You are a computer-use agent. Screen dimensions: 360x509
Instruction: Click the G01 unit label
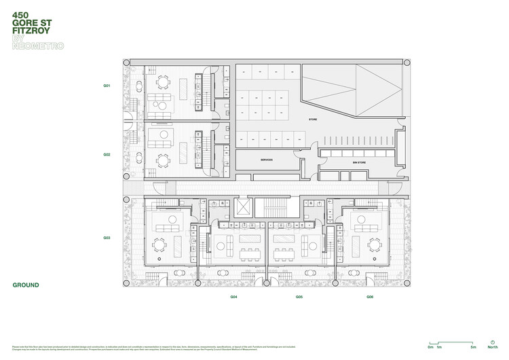[x=107, y=86]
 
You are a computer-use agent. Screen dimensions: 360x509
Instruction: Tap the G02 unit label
[x=107, y=154]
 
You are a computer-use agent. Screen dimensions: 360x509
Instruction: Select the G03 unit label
[x=107, y=238]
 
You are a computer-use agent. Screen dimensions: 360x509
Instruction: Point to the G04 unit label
[x=233, y=297]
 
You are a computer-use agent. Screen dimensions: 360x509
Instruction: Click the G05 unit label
[x=299, y=297]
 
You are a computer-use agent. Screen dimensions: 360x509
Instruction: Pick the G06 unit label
[x=370, y=297]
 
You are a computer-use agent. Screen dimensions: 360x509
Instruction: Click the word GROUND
[x=26, y=285]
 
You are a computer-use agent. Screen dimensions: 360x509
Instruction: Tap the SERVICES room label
[x=266, y=160]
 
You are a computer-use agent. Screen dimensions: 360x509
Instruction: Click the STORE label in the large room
[x=313, y=120]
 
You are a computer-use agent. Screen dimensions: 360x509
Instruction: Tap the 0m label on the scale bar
[x=431, y=346]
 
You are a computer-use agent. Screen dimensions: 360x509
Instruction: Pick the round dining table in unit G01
[x=163, y=82]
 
